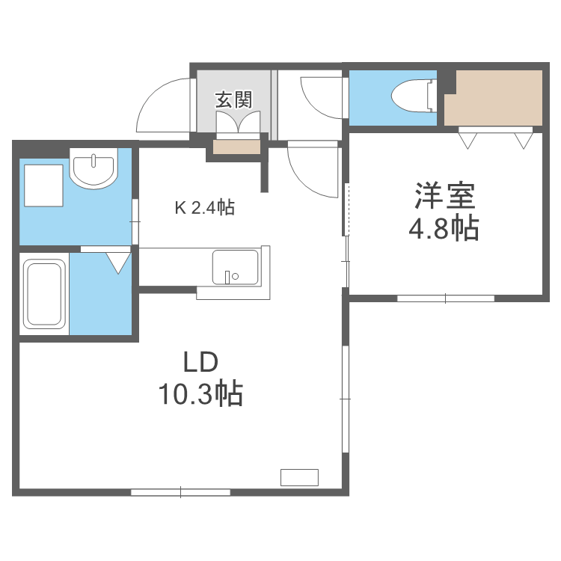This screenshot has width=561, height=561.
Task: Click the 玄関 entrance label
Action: [234, 99]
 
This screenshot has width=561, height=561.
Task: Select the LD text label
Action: [200, 363]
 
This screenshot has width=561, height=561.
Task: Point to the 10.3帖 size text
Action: [200, 393]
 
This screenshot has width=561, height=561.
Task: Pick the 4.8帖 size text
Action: [444, 229]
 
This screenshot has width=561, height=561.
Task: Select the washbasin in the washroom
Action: [94, 170]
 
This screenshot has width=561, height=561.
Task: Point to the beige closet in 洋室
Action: [494, 98]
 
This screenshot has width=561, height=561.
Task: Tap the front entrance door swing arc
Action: [161, 108]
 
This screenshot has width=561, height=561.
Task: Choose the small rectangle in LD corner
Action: [299, 477]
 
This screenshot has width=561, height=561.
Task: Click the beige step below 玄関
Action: [237, 146]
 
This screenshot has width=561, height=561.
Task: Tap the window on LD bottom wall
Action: [180, 491]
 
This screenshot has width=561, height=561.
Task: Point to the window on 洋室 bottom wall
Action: [445, 298]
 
